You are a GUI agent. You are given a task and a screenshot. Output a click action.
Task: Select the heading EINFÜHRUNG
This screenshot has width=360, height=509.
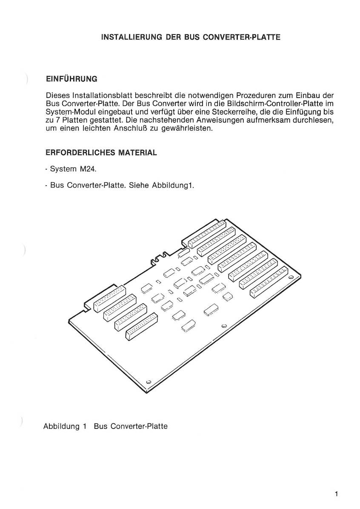tap(71, 79)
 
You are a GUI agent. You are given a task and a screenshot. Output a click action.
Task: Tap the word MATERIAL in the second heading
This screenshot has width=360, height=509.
tap(138, 152)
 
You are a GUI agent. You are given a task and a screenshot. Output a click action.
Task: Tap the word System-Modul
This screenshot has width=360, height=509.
tap(66, 112)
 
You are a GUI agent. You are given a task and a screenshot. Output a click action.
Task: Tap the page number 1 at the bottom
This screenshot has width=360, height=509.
tap(336, 494)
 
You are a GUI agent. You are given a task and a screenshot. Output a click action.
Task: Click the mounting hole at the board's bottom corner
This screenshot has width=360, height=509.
tap(149, 381)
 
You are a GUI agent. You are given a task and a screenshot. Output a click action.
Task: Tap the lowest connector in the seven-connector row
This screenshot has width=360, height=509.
tap(269, 282)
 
